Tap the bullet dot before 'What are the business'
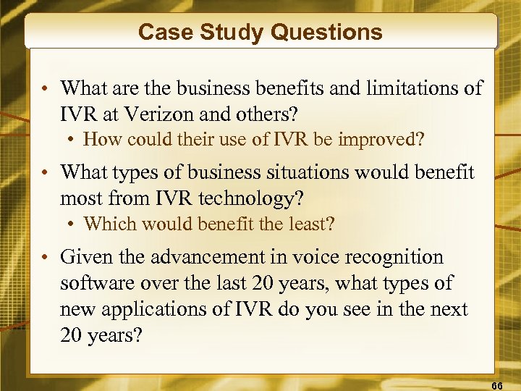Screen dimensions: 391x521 click(x=45, y=90)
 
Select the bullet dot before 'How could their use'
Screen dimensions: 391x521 click(x=73, y=140)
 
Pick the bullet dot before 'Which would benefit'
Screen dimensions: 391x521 click(x=73, y=224)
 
